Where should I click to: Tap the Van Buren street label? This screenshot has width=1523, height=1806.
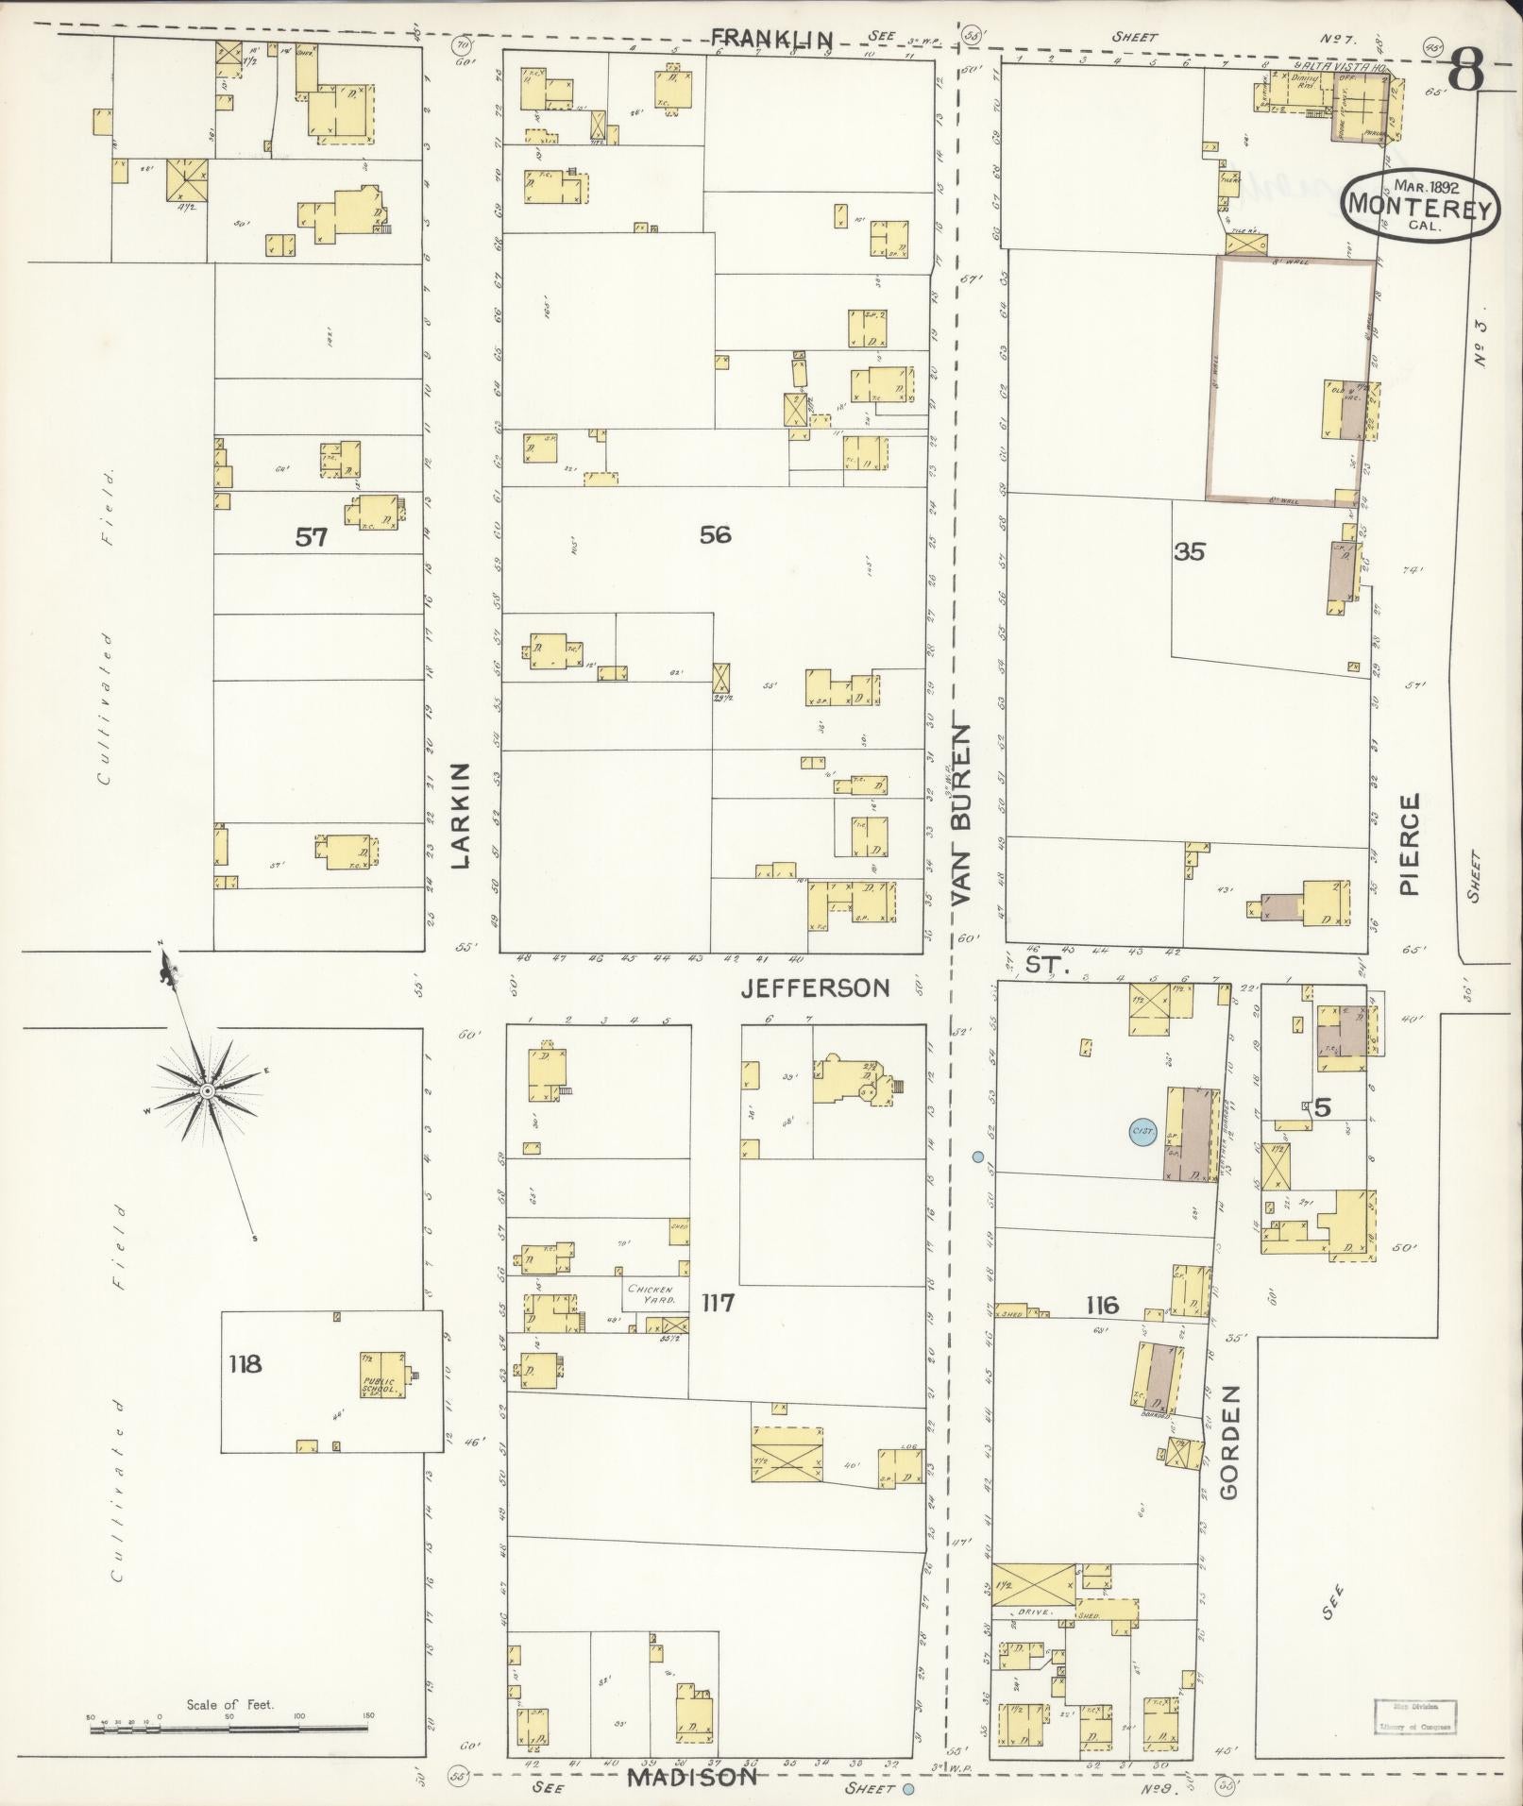[962, 816]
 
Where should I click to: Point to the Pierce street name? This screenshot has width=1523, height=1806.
[1410, 844]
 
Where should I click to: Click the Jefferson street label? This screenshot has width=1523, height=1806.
[815, 987]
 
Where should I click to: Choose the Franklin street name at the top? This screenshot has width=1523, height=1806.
[772, 38]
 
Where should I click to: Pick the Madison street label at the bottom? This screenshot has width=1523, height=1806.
[693, 1777]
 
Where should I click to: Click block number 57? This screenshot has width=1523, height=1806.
[311, 537]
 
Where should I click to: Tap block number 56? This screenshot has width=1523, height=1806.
[715, 534]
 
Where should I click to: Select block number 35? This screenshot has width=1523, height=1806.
[1189, 551]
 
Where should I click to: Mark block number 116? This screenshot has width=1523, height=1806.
[1102, 1306]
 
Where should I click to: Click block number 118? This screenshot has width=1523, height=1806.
[245, 1363]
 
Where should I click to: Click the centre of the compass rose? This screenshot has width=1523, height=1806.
[206, 1091]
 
